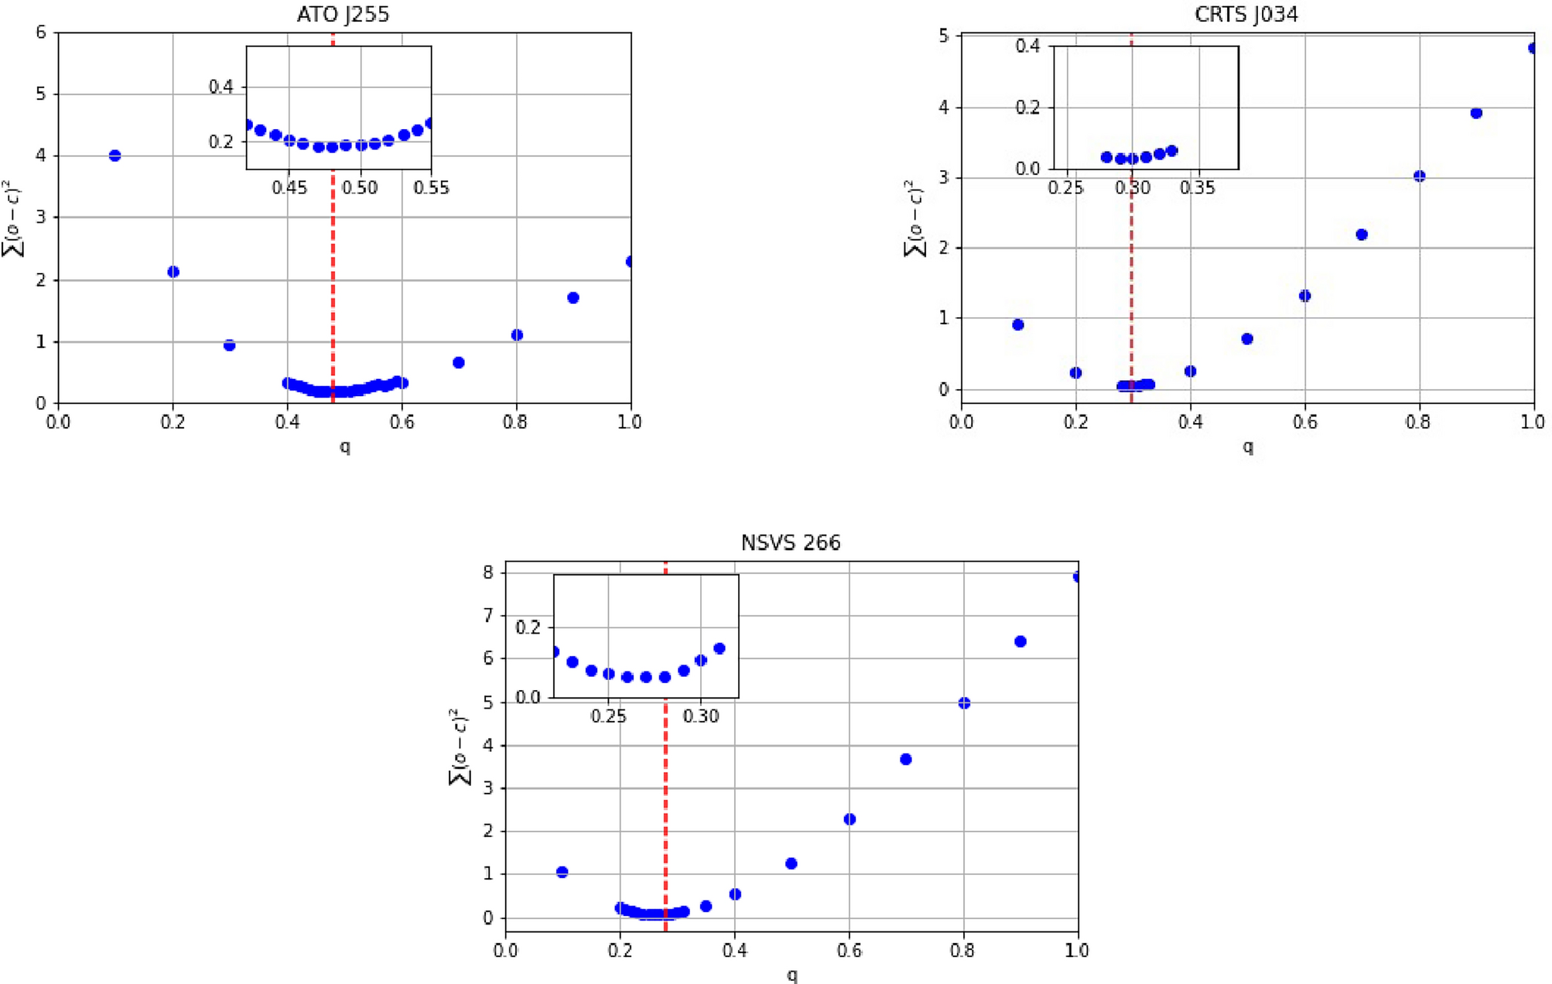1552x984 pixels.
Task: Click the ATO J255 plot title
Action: (343, 15)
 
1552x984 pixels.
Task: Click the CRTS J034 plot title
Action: (1246, 15)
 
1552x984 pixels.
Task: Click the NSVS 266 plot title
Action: (790, 543)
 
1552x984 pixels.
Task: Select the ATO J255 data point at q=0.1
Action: (115, 155)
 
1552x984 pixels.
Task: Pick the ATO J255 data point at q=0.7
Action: (458, 363)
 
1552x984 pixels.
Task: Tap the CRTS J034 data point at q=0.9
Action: (1475, 113)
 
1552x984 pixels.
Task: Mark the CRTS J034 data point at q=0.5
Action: (1246, 339)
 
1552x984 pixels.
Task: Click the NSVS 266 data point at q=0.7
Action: (906, 759)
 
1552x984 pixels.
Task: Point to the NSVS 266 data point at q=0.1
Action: (562, 872)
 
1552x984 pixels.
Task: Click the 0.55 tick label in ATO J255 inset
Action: (431, 187)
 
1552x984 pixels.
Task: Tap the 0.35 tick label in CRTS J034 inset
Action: (1197, 187)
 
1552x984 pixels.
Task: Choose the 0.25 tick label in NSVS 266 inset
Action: (608, 716)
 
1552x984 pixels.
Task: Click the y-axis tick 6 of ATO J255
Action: (41, 32)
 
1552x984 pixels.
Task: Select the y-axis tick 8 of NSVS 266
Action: (488, 572)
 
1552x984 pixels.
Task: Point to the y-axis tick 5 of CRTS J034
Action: (943, 36)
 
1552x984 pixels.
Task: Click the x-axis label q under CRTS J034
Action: (1247, 446)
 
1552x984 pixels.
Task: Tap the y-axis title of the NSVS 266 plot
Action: (459, 746)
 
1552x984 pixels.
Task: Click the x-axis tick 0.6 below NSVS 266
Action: (849, 950)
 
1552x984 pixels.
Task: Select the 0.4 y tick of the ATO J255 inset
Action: (220, 87)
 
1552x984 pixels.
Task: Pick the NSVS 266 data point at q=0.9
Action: (1020, 641)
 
